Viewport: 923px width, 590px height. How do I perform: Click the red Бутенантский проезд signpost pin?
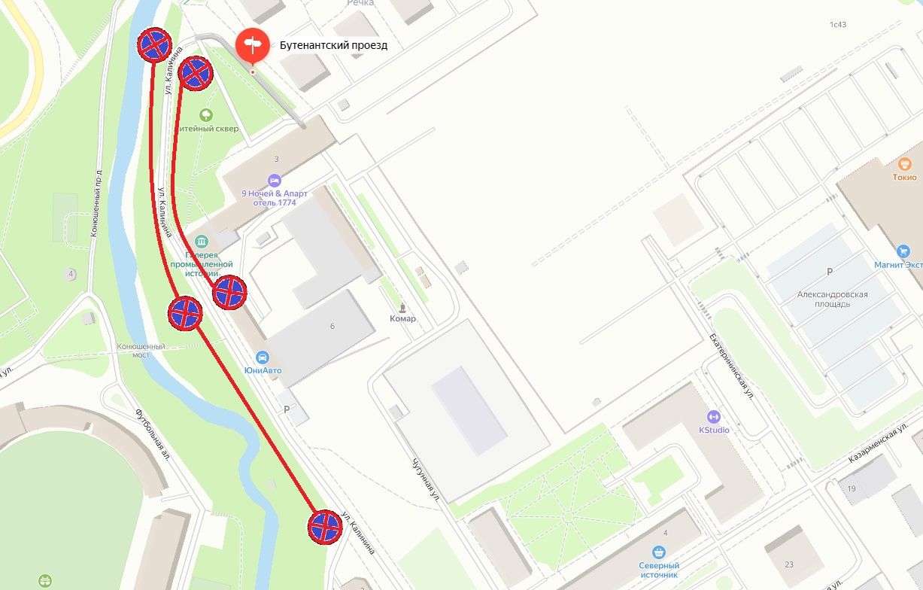pyautogui.click(x=252, y=45)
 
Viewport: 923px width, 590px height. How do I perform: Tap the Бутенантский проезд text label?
pyautogui.click(x=333, y=45)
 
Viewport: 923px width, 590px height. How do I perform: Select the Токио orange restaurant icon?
pyautogui.click(x=904, y=163)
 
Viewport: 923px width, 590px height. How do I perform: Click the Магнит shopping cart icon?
pyautogui.click(x=903, y=251)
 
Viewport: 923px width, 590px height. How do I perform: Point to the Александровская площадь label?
pyautogui.click(x=832, y=300)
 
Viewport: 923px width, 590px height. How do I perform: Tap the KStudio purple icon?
pyautogui.click(x=714, y=416)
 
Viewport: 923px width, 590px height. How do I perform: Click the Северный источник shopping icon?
pyautogui.click(x=659, y=552)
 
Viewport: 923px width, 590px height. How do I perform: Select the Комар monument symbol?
pyautogui.click(x=402, y=307)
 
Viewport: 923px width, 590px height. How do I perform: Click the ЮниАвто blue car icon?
pyautogui.click(x=263, y=357)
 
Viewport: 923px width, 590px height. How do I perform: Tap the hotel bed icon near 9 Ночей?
pyautogui.click(x=275, y=181)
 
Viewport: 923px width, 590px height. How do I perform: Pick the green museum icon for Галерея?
pyautogui.click(x=201, y=242)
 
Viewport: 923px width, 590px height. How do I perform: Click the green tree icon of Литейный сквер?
pyautogui.click(x=205, y=115)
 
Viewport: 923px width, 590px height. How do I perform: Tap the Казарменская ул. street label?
pyautogui.click(x=876, y=446)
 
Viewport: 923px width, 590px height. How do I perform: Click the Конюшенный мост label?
pyautogui.click(x=141, y=351)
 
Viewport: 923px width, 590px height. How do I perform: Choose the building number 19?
pyautogui.click(x=852, y=488)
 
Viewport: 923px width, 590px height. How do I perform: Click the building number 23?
pyautogui.click(x=788, y=564)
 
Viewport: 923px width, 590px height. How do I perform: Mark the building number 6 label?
pyautogui.click(x=332, y=326)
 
